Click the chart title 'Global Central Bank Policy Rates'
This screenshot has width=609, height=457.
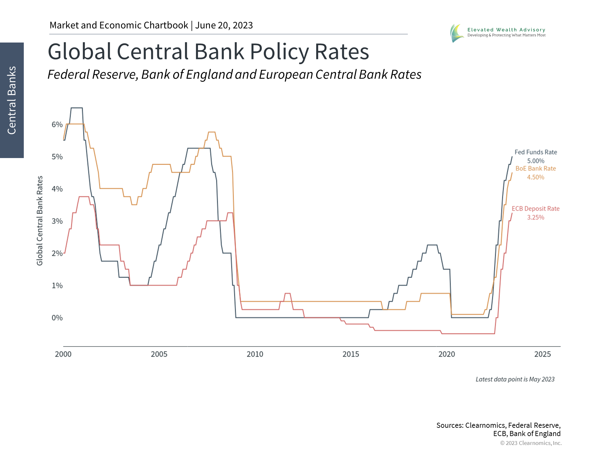coord(208,52)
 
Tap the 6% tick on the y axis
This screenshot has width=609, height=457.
coord(57,124)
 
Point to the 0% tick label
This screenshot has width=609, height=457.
coord(57,318)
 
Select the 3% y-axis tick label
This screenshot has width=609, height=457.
coord(57,221)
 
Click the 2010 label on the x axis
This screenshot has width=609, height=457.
coord(255,354)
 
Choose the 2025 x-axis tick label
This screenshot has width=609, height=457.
coord(542,354)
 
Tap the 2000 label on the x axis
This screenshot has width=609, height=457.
coord(63,354)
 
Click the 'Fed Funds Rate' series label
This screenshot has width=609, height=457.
coord(536,152)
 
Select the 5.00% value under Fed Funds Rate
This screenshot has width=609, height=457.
coord(536,161)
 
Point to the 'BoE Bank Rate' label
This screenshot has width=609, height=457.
coord(536,169)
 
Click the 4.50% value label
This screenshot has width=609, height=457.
coord(536,177)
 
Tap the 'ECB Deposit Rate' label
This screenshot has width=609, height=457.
coord(536,209)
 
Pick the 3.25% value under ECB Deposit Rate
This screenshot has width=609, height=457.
coord(536,217)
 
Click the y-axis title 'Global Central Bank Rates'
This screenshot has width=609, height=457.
coord(40,221)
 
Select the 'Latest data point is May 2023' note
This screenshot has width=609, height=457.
coord(515,379)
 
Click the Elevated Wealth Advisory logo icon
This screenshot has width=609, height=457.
coord(457,33)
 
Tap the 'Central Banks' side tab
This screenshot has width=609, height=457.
coord(12,100)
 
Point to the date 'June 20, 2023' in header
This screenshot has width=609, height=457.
coord(224,25)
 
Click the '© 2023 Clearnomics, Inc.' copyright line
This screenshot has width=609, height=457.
coord(531,443)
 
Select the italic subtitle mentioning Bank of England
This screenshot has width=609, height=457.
coord(234,75)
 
